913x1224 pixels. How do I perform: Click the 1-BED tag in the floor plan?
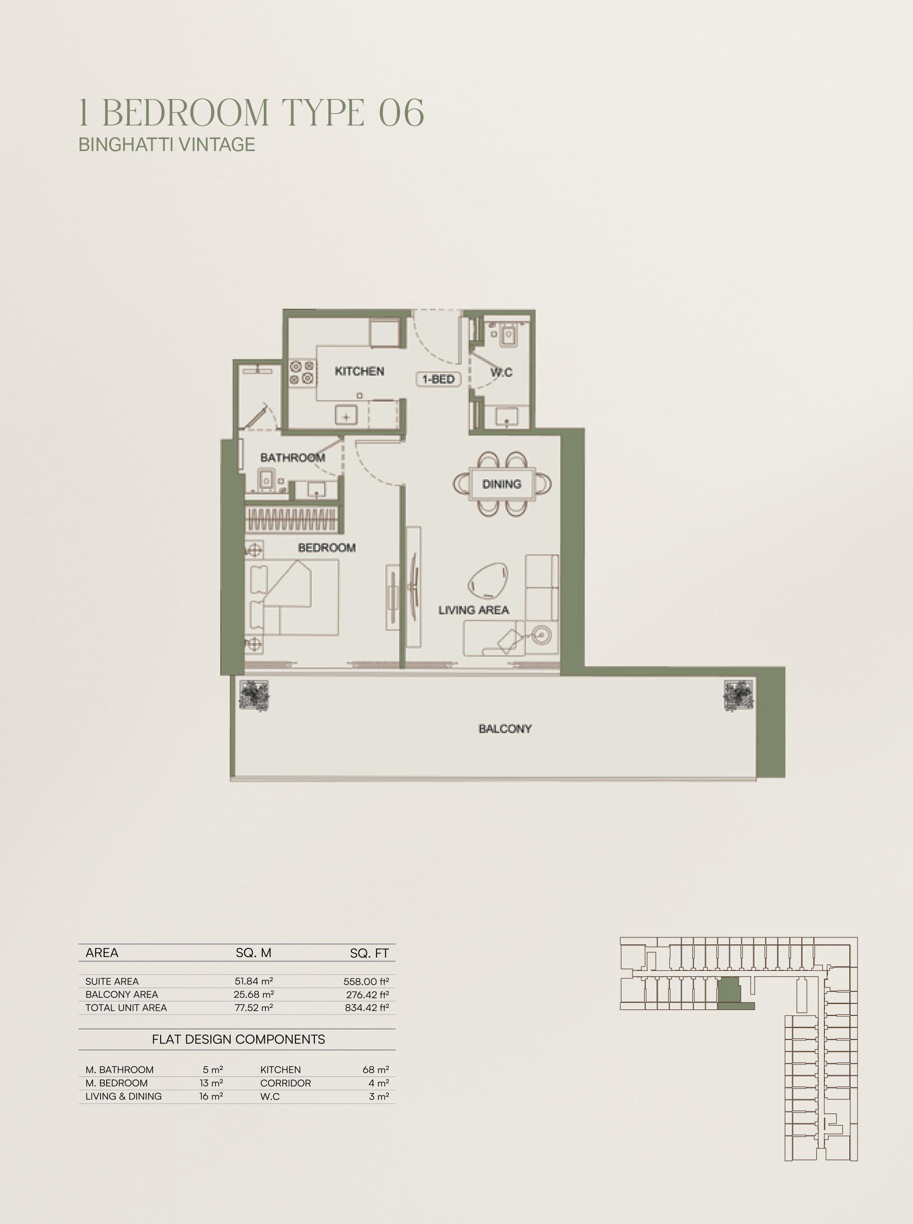click(x=438, y=379)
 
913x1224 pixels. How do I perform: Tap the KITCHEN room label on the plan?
click(x=359, y=371)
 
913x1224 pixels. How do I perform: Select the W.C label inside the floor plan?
click(x=501, y=372)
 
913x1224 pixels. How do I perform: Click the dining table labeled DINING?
click(x=502, y=484)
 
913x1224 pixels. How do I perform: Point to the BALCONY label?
click(x=505, y=729)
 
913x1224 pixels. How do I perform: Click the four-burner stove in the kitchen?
click(x=302, y=372)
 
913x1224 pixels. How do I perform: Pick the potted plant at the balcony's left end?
click(x=254, y=695)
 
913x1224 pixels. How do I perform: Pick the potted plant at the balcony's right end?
click(x=738, y=695)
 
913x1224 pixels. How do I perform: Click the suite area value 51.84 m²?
click(x=254, y=981)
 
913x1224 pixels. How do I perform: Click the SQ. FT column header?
click(x=369, y=953)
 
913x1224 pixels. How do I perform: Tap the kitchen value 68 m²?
click(x=376, y=1070)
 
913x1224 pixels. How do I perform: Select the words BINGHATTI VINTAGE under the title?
click(x=167, y=145)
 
